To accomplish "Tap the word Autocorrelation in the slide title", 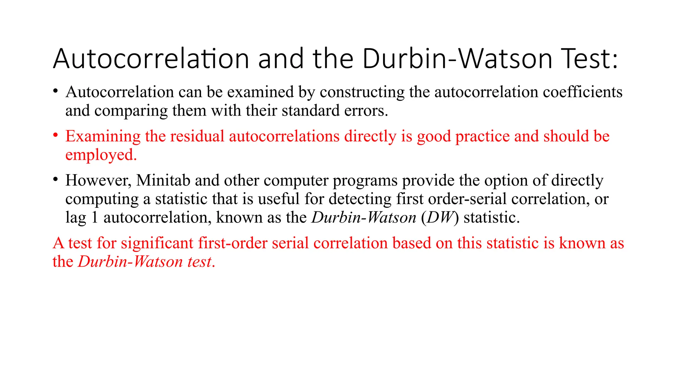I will pyautogui.click(x=151, y=59).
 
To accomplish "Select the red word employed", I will pyautogui.click(x=101, y=155).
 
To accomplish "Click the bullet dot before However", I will pyautogui.click(x=56, y=179).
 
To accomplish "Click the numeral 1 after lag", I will pyautogui.click(x=95, y=217).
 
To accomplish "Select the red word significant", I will pyautogui.click(x=157, y=243).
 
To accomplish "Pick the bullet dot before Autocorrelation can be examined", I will pyautogui.click(x=56, y=91).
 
